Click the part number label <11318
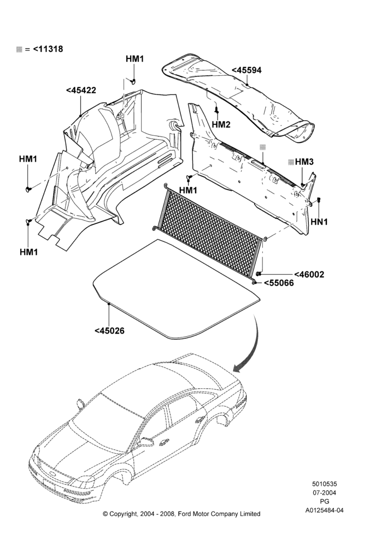click(48, 49)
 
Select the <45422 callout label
click(81, 90)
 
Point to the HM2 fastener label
click(221, 124)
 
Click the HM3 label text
click(304, 162)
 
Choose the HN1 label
click(319, 222)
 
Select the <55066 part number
click(279, 283)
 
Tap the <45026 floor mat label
click(109, 330)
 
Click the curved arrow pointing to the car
click(253, 345)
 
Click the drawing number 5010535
click(324, 484)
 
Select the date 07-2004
click(324, 492)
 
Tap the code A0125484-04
click(325, 511)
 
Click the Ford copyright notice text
click(181, 514)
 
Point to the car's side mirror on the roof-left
click(81, 403)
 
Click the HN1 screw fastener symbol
click(319, 200)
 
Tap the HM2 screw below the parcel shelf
click(216, 110)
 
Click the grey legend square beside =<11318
click(20, 50)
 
